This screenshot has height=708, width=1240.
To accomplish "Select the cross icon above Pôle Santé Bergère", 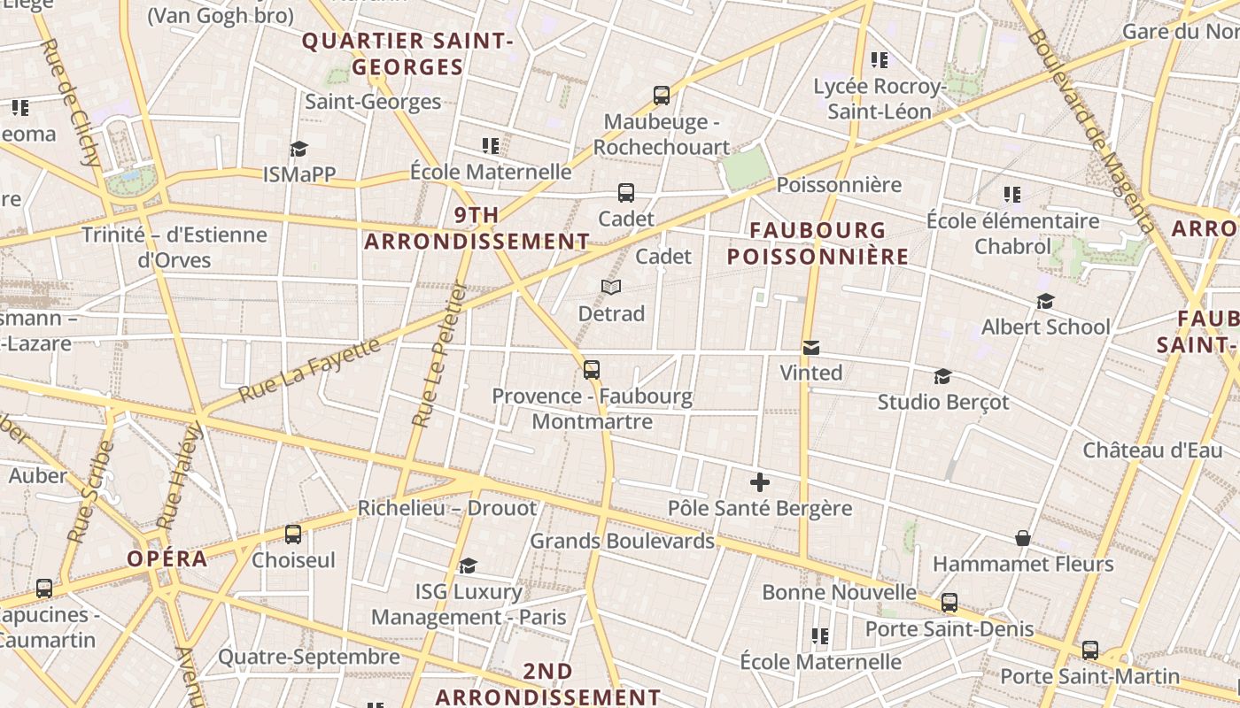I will [x=759, y=482].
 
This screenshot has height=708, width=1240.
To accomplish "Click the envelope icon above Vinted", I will [x=811, y=348].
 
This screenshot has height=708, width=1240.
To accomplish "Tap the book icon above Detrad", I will [x=611, y=287].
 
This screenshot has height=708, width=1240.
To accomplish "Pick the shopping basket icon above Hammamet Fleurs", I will [x=1023, y=538].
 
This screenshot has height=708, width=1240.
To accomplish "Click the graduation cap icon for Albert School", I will [x=1045, y=302].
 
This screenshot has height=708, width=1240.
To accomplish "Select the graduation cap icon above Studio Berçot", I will [x=942, y=377].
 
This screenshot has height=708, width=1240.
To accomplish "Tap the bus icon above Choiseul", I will [x=293, y=535].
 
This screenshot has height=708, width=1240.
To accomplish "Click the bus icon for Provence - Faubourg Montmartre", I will [x=592, y=370].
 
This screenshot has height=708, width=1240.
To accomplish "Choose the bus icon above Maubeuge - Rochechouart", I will [x=661, y=96].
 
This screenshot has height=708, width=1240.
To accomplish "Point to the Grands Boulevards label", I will [x=622, y=541].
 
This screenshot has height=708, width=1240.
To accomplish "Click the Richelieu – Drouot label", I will [x=447, y=508].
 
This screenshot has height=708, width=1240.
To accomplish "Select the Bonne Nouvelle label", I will [x=839, y=592].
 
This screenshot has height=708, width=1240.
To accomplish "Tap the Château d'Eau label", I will [x=1152, y=450].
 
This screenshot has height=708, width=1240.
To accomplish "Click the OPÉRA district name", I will [x=167, y=559].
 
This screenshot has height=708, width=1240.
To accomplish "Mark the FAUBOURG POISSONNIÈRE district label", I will [x=818, y=243].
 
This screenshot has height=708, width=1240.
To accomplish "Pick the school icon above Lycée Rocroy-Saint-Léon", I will [x=879, y=60].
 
